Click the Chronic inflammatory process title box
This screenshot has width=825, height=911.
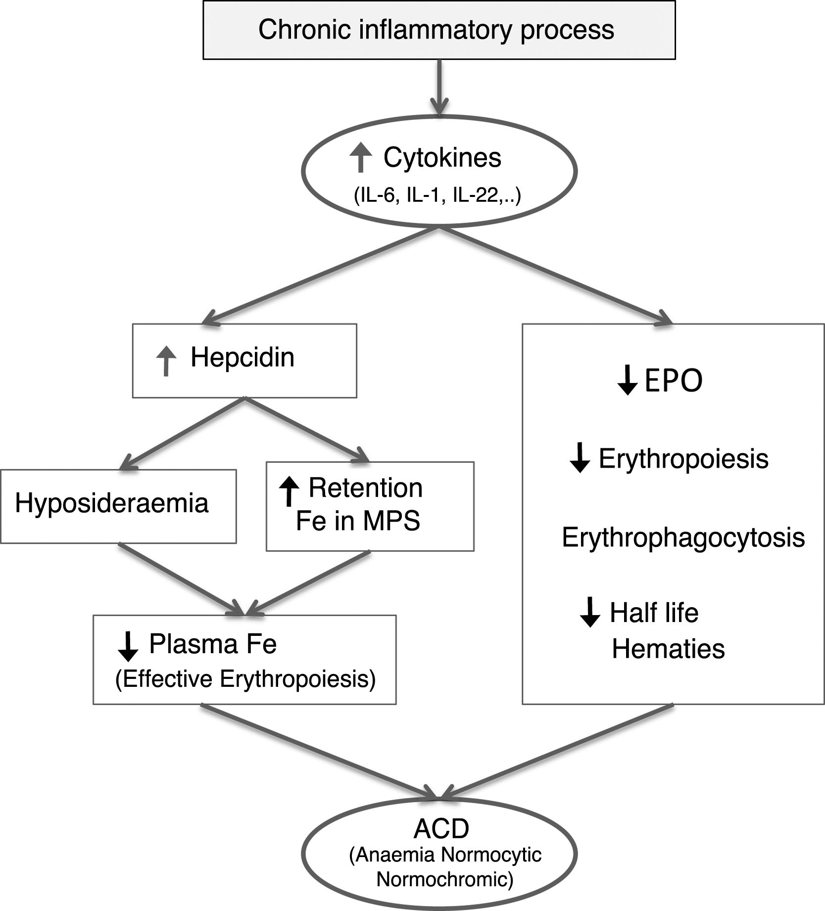click(438, 30)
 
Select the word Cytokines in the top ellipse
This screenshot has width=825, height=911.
click(442, 158)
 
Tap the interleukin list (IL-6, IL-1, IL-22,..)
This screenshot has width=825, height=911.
click(437, 196)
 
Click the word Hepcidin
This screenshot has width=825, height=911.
click(243, 357)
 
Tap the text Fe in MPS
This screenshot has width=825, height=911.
click(358, 521)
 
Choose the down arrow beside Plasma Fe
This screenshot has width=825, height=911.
click(129, 647)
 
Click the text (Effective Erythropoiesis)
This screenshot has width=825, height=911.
click(245, 679)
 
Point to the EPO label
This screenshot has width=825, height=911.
click(674, 381)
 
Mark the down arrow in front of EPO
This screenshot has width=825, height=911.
click(628, 381)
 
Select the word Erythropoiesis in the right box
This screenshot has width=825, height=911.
click(683, 459)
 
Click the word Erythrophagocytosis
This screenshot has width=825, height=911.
click(683, 537)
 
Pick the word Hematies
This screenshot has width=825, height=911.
click(668, 649)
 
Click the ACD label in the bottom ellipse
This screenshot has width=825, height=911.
click(441, 829)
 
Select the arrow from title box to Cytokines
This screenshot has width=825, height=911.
click(439, 87)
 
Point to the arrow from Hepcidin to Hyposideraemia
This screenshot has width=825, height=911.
click(183, 433)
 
